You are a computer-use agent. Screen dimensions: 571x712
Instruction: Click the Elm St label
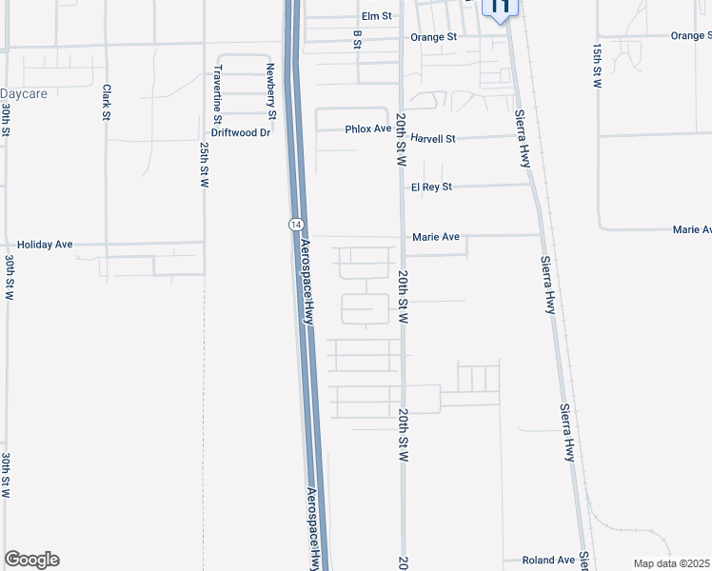click(377, 16)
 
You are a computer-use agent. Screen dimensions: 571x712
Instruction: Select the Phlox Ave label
click(368, 128)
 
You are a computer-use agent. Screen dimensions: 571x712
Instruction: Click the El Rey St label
click(431, 187)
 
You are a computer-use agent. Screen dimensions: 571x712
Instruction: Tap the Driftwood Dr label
click(241, 133)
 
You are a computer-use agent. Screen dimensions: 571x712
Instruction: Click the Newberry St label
click(271, 90)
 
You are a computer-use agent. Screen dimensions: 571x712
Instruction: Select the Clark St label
click(107, 102)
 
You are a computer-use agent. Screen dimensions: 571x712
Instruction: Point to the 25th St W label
click(205, 166)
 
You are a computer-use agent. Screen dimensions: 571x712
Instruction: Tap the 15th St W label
click(597, 65)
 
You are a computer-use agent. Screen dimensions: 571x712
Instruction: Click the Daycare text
click(24, 94)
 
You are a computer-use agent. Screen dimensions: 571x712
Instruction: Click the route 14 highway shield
click(296, 223)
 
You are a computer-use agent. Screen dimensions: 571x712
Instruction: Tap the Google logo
click(31, 560)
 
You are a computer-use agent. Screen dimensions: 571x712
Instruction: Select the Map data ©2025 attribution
click(671, 563)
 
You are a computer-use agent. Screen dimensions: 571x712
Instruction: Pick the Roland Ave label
click(549, 561)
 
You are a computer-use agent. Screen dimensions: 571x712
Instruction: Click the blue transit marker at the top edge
click(501, 9)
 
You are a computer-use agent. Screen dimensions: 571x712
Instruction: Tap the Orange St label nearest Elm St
click(434, 37)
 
